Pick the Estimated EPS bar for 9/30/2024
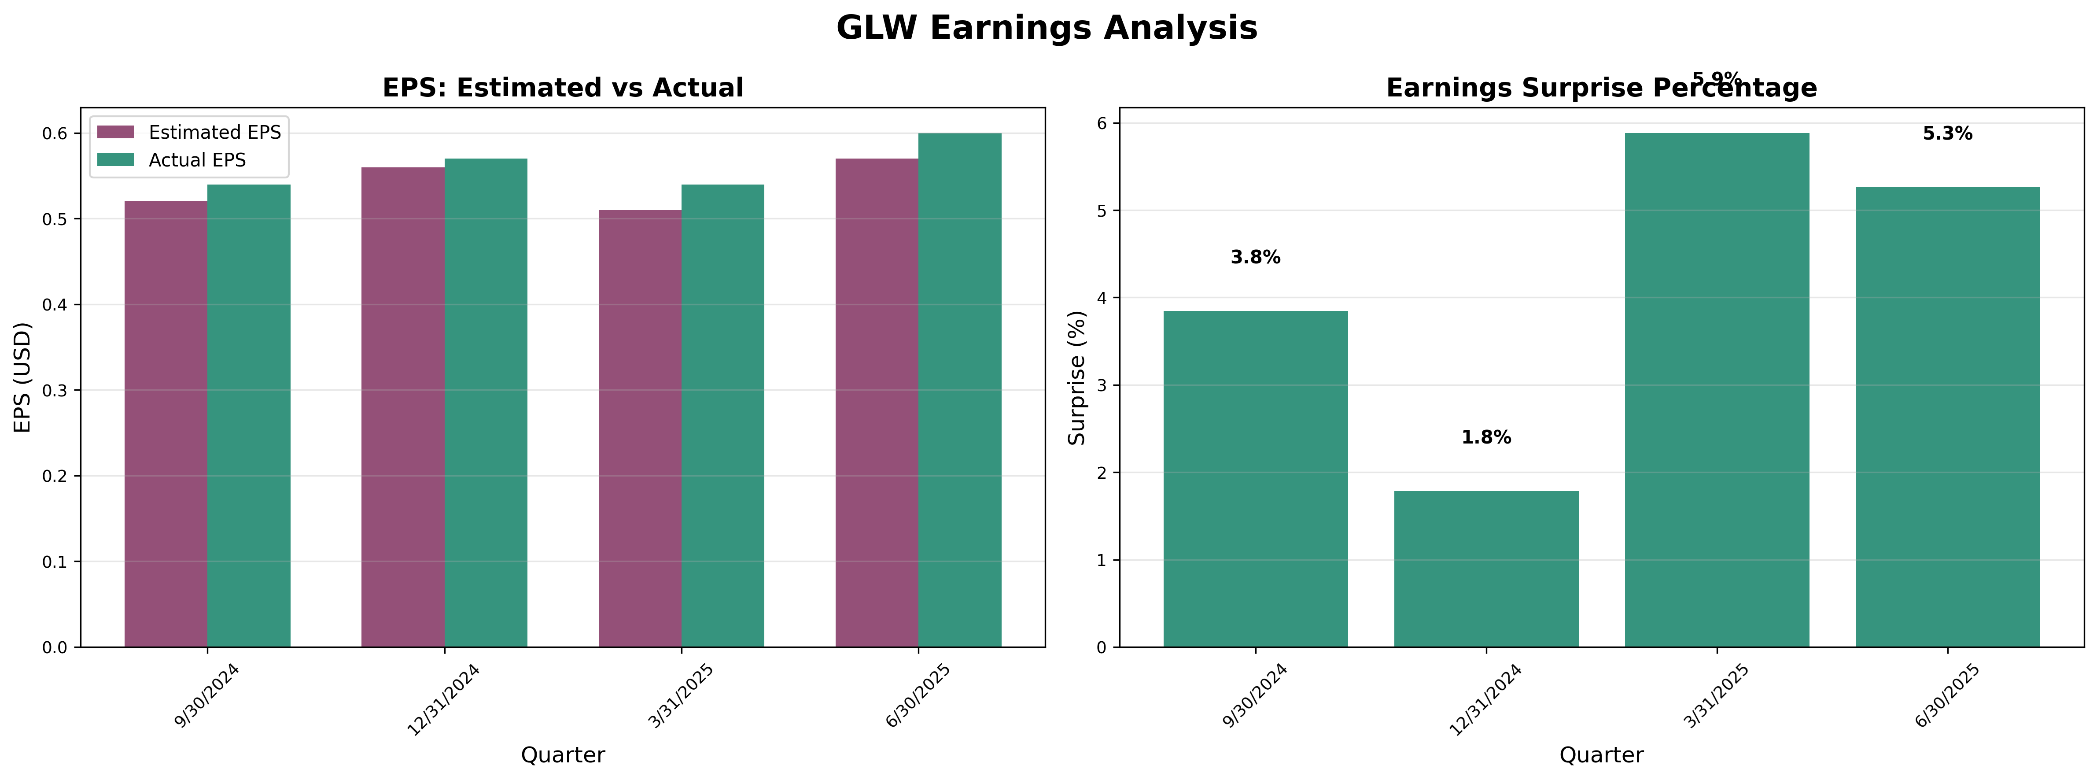click(166, 423)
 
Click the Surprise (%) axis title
click(1077, 377)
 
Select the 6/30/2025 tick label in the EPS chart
click(918, 697)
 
